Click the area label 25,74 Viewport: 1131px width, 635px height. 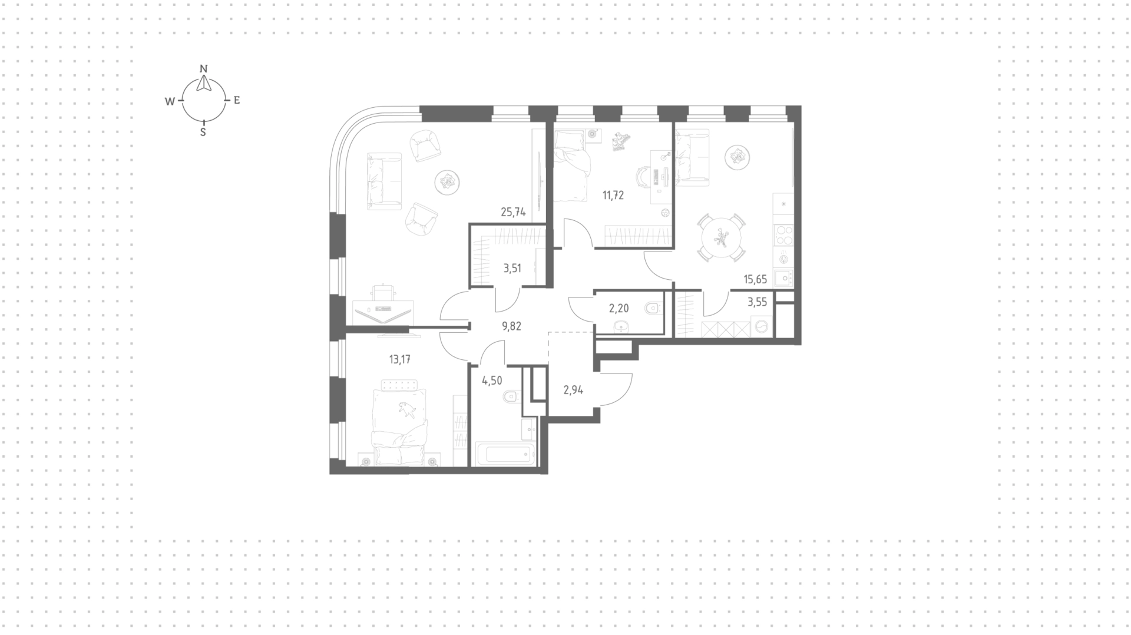pos(513,212)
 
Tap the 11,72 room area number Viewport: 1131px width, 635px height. pos(613,196)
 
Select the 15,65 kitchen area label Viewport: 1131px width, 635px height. pos(756,279)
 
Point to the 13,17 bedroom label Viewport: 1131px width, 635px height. pos(400,359)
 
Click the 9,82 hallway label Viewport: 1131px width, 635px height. pos(511,326)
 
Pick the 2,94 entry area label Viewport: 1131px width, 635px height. pos(573,390)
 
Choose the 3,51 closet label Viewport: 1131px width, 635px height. pos(512,269)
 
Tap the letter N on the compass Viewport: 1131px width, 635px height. pos(204,68)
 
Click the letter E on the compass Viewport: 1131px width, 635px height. pos(237,100)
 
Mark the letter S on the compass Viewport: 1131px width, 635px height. pos(203,133)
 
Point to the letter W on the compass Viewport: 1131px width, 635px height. pos(170,101)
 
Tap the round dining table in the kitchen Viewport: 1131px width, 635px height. pos(721,237)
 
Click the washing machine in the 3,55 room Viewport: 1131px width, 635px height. pos(762,326)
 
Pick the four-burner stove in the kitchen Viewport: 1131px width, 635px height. pos(783,236)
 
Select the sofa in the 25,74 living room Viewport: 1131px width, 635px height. pos(384,181)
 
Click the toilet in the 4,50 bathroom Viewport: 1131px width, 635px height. pos(512,398)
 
